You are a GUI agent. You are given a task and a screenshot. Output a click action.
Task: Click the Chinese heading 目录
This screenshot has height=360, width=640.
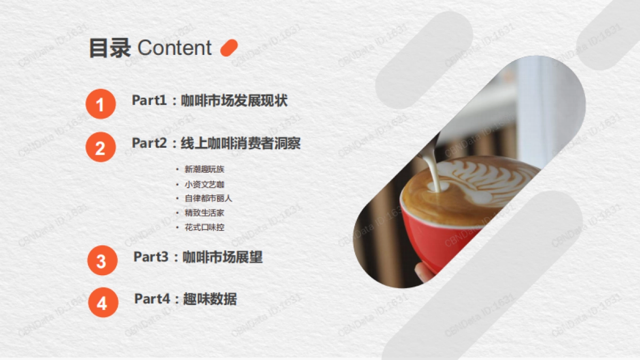tap(109, 48)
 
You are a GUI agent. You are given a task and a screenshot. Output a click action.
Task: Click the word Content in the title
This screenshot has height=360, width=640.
tap(174, 48)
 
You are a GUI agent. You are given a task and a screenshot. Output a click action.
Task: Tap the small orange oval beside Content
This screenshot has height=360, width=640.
tap(229, 47)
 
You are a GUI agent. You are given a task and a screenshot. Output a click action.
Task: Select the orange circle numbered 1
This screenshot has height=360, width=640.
tap(100, 103)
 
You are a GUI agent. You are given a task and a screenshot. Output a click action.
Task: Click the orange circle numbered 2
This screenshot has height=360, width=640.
tap(100, 147)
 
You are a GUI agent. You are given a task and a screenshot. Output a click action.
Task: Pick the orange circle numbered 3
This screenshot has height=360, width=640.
tap(101, 261)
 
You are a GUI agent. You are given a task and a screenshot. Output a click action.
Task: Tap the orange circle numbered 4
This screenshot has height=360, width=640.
tap(102, 303)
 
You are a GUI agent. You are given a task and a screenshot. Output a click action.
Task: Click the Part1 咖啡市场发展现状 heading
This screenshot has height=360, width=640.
tap(210, 100)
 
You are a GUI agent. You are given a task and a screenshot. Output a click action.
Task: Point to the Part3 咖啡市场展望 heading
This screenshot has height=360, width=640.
tap(198, 257)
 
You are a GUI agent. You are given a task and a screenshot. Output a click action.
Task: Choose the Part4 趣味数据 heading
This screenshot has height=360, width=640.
tap(185, 299)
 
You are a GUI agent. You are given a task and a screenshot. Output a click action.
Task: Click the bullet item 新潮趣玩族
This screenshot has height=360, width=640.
tap(204, 170)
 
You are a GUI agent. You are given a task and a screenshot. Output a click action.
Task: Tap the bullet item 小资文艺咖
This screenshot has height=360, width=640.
tap(204, 184)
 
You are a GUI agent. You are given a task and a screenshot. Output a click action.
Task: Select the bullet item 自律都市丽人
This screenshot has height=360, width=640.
tap(209, 198)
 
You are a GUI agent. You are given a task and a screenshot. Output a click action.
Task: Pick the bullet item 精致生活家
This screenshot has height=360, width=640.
tap(204, 213)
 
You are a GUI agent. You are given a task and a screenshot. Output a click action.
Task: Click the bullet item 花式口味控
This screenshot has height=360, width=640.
tap(204, 227)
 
